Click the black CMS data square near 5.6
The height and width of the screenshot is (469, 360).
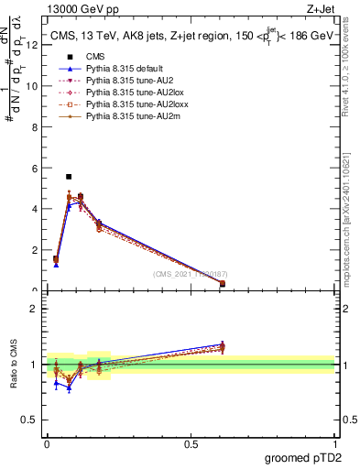coord(69,176)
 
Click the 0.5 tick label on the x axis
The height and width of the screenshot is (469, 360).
coord(191,443)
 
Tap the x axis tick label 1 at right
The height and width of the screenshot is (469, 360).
coord(334,443)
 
